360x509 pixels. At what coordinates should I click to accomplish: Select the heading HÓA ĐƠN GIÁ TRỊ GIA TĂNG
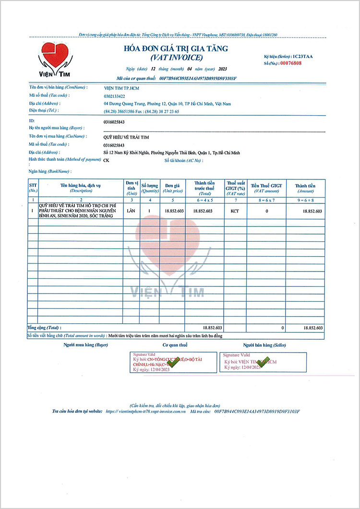click(176, 48)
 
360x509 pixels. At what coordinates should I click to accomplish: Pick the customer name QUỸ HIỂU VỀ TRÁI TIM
click(126, 137)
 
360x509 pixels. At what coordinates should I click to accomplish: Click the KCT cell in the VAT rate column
click(235, 211)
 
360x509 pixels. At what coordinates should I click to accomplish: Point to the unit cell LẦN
click(132, 211)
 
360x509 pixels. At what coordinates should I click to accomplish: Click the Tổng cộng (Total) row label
click(44, 327)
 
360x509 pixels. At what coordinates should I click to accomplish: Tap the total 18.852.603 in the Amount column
click(312, 327)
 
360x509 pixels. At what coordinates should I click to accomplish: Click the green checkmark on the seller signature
click(263, 362)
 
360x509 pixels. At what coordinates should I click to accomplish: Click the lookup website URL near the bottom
click(145, 411)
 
